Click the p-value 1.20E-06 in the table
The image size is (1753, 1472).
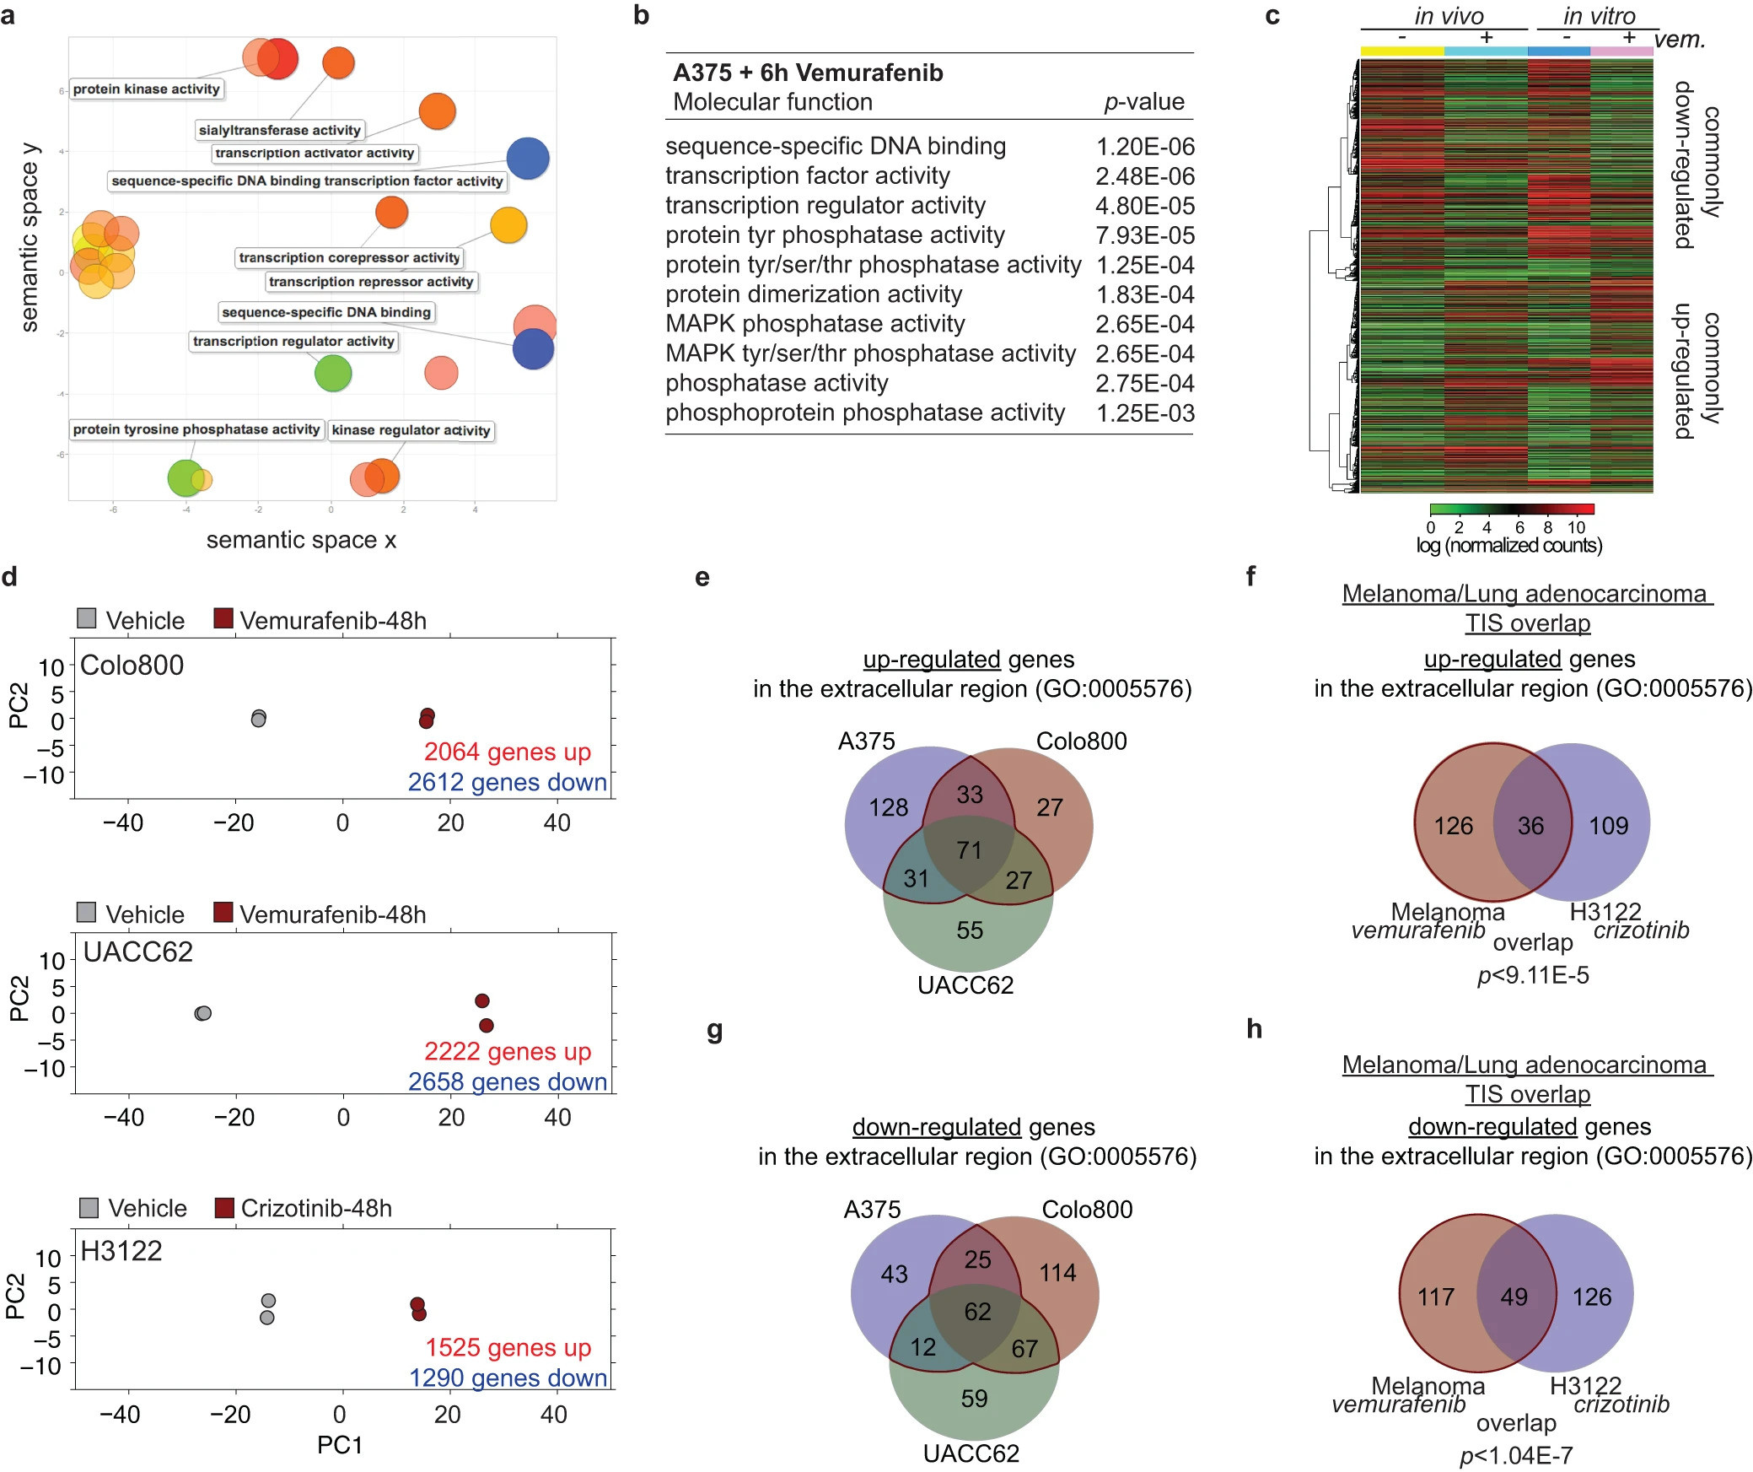1144,147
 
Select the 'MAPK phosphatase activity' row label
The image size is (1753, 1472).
815,324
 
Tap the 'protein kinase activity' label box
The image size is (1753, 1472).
146,89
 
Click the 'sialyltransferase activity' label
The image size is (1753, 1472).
280,130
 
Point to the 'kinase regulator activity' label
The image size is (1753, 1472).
411,430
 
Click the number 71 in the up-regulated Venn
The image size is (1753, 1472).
969,849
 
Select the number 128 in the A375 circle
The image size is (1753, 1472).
888,807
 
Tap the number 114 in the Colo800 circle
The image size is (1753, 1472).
1057,1272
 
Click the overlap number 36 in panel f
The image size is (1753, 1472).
1530,826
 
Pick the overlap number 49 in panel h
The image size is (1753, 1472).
1514,1297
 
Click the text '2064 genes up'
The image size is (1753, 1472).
507,752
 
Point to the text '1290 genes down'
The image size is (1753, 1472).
508,1378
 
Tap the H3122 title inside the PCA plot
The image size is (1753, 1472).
121,1251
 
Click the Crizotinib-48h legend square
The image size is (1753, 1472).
224,1208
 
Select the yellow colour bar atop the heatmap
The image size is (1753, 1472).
1401,51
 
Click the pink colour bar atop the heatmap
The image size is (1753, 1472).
1621,51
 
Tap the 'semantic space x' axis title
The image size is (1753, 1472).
301,540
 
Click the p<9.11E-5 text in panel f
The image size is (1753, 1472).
1533,975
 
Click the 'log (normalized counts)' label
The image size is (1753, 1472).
1508,545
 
